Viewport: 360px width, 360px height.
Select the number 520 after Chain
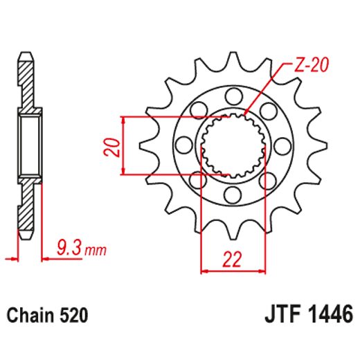pyautogui.click(x=73, y=316)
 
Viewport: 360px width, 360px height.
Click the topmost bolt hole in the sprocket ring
pyautogui.click(x=233, y=94)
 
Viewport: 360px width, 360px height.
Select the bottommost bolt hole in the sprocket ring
pyautogui.click(x=233, y=195)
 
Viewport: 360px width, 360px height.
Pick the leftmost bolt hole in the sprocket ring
pyautogui.click(x=183, y=145)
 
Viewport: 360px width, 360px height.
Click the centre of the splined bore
pyautogui.click(x=233, y=145)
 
